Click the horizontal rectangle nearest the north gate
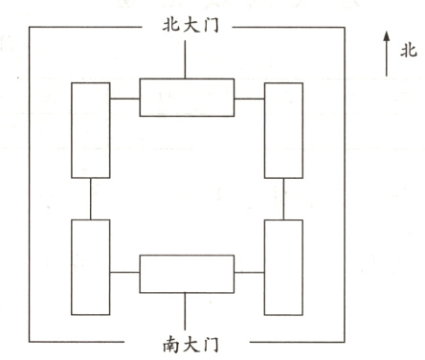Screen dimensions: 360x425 tap(187, 98)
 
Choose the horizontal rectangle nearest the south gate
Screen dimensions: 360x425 tap(187, 273)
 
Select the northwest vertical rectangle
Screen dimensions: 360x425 tap(91, 130)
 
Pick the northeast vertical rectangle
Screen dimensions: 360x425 tap(283, 130)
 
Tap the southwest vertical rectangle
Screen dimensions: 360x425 tap(91, 253)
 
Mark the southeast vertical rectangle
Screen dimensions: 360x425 tap(283, 253)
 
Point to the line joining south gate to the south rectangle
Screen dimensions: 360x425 tap(187, 308)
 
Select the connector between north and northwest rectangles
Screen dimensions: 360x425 tap(124, 98)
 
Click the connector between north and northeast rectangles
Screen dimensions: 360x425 tap(249, 98)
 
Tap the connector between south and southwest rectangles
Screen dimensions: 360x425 tap(124, 273)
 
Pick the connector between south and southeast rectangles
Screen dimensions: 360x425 tap(249, 273)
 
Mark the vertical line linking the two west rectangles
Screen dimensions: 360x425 tap(91, 198)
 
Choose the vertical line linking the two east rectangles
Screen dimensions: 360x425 tap(283, 198)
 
